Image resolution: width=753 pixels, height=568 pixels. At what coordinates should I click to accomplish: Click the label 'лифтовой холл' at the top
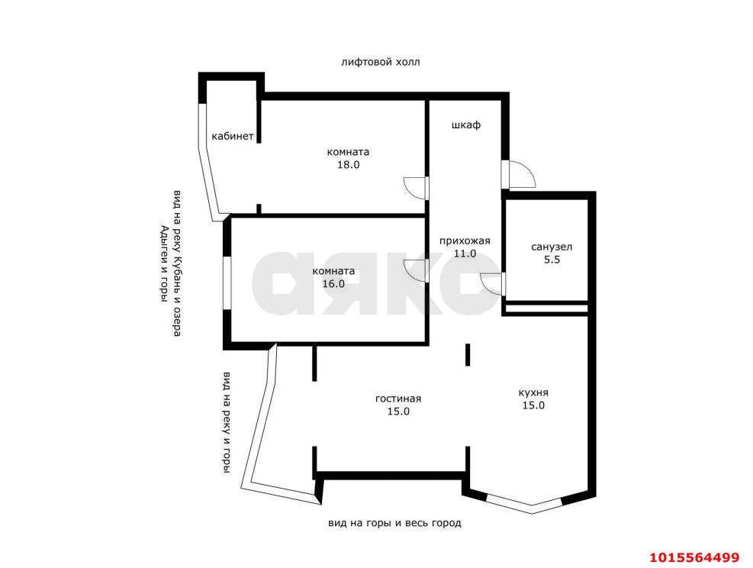coord(380,62)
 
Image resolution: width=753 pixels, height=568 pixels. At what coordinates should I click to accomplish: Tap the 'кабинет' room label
coord(233,136)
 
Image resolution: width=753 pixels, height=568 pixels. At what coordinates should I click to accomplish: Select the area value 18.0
coord(348,164)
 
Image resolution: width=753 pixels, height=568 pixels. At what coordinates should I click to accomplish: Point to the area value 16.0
coord(333,283)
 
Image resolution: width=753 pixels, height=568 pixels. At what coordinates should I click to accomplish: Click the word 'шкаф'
coord(465,124)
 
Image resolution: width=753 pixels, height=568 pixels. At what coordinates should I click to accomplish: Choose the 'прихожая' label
coord(464,241)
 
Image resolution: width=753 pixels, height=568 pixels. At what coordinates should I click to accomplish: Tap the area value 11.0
coord(464,253)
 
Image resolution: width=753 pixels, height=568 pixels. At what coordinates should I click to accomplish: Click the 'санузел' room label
coord(552,247)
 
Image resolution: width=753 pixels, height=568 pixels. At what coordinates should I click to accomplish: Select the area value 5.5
coord(552,260)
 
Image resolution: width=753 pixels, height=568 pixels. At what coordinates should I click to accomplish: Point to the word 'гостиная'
coord(398,399)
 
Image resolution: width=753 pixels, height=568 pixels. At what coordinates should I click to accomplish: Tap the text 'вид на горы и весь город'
coord(394,523)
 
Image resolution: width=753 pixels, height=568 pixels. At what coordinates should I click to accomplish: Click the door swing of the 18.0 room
coord(416,188)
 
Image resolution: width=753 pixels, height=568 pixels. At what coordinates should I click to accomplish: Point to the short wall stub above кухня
coord(468,355)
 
